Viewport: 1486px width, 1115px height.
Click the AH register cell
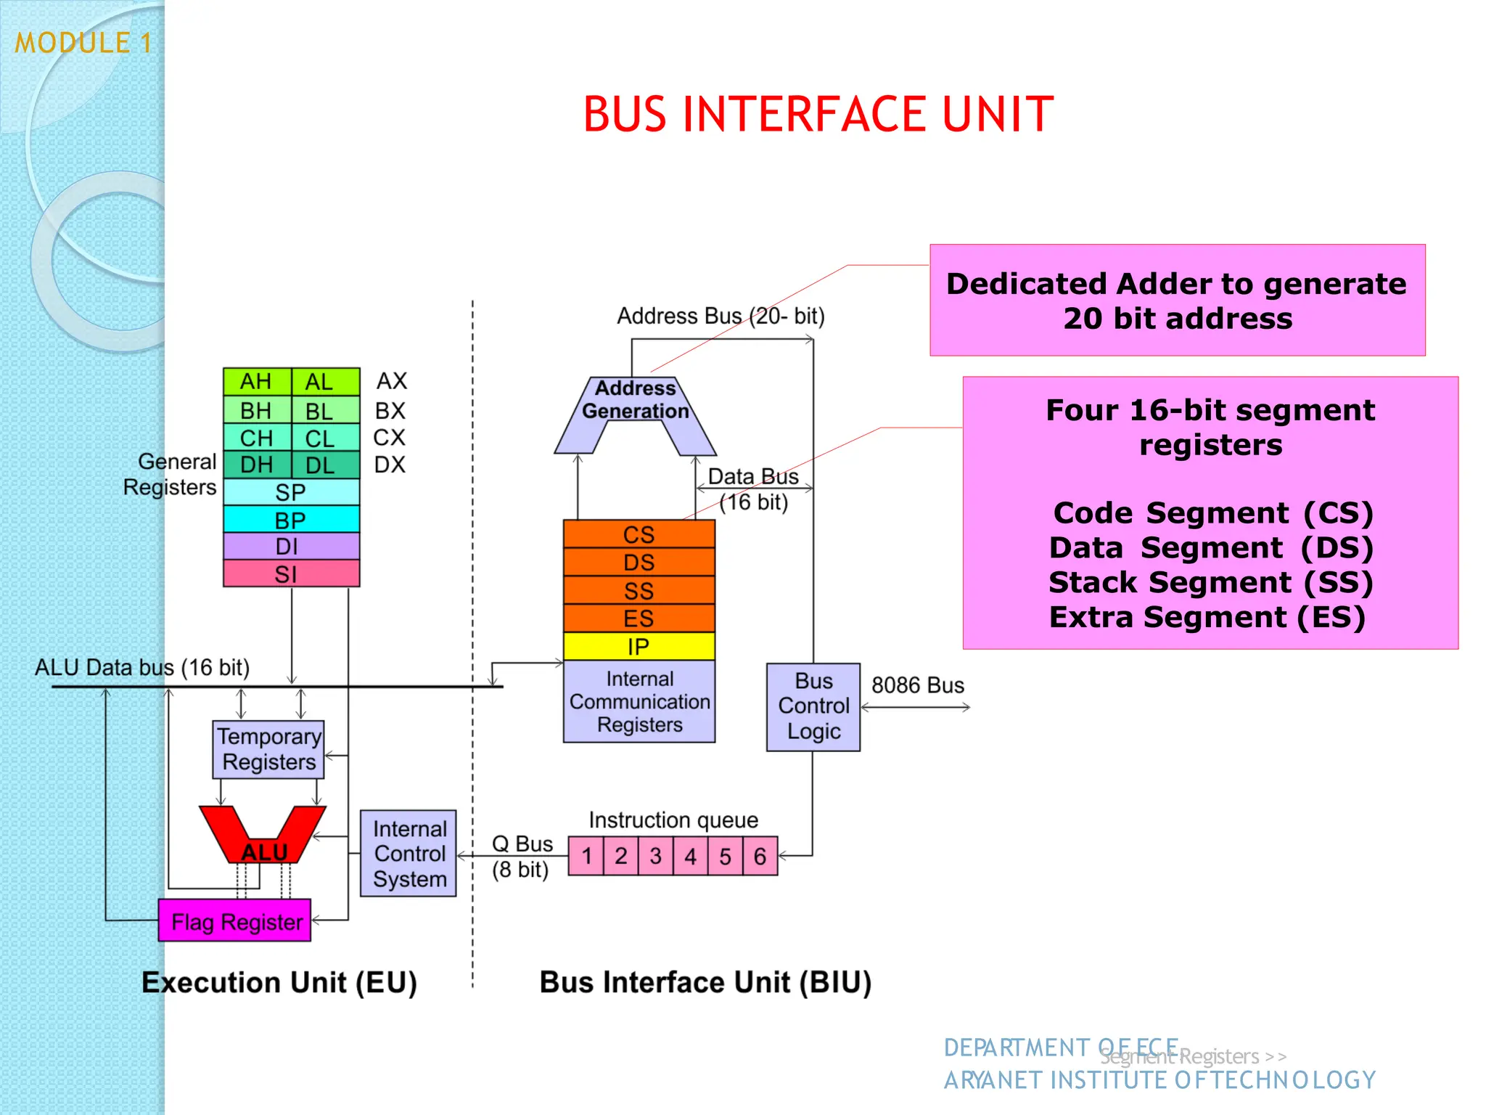point(256,382)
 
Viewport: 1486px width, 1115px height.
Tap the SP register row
point(291,492)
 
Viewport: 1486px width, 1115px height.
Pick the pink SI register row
point(291,574)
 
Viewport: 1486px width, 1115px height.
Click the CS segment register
point(639,535)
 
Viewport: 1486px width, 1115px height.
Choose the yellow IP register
point(639,647)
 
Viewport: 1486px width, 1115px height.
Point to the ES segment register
point(639,618)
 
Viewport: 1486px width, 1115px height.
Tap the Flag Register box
point(235,922)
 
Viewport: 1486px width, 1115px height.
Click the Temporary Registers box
point(268,750)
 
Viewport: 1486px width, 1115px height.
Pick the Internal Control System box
point(409,854)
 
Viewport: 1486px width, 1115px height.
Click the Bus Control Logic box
point(813,706)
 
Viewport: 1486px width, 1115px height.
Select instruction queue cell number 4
point(690,857)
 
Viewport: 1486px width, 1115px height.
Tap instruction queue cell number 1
point(586,857)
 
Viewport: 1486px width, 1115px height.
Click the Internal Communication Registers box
point(639,702)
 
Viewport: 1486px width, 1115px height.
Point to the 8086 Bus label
point(917,685)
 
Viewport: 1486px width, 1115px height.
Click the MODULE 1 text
point(83,44)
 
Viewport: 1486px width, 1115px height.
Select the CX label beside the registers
point(390,438)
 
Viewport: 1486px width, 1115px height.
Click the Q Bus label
point(522,844)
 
